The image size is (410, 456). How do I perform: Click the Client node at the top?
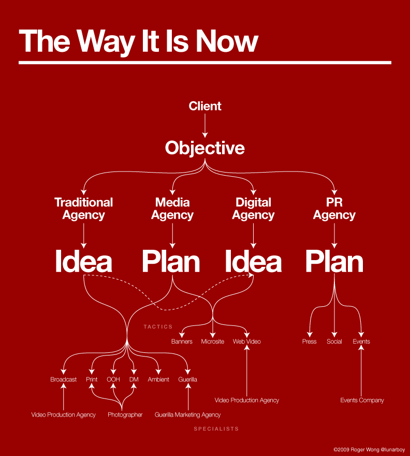point(205,106)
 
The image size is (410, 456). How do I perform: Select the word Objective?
point(205,148)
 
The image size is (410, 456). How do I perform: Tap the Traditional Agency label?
point(84,209)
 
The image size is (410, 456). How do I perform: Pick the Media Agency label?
point(172,209)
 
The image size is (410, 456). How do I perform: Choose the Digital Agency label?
point(253,209)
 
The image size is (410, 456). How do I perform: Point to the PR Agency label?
point(334,209)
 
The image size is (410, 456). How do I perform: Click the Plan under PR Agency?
point(334,262)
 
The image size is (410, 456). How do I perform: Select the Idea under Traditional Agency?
point(84,261)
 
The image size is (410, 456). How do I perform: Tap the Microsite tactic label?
point(212,341)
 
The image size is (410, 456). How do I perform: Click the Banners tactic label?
point(182,341)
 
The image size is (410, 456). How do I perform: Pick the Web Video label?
point(247,341)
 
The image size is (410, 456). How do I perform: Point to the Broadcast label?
point(63,379)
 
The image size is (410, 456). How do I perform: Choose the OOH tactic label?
point(113,379)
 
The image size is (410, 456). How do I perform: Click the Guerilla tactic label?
point(188,379)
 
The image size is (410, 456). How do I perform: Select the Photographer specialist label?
point(125,415)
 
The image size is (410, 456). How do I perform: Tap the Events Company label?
point(362,401)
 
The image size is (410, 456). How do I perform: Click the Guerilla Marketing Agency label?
point(188,415)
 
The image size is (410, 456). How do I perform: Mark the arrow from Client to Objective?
point(205,125)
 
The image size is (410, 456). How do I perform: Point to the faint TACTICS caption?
point(158,327)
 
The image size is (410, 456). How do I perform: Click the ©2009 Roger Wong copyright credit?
point(369,450)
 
